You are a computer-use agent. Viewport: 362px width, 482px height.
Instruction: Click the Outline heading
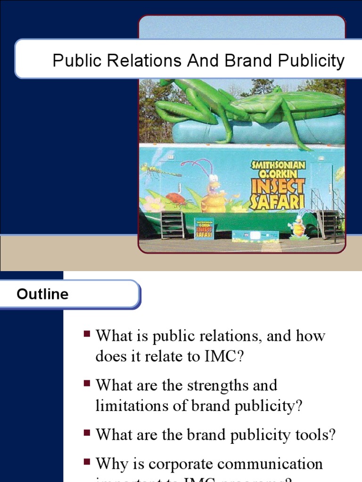point(42,294)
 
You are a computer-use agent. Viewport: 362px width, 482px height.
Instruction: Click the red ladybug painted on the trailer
point(175,199)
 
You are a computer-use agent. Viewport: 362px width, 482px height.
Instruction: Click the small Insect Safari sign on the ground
point(203,228)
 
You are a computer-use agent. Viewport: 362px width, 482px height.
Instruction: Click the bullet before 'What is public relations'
point(87,334)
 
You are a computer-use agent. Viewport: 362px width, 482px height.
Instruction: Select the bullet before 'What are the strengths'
point(87,384)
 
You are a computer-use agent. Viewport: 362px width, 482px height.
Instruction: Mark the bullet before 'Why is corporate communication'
point(87,462)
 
